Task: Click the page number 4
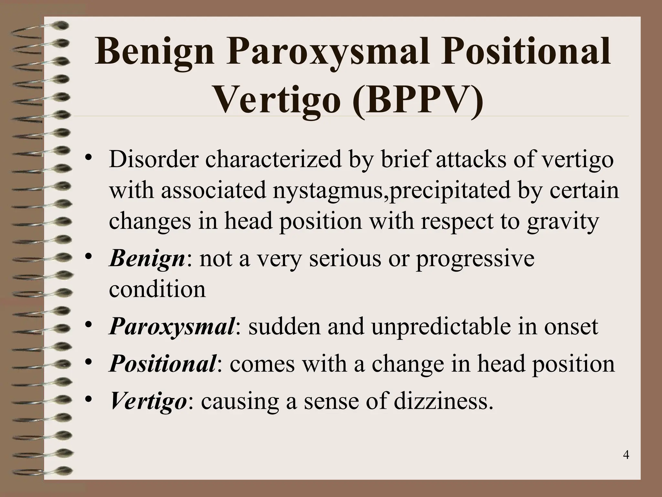click(626, 455)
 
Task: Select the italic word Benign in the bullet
click(147, 259)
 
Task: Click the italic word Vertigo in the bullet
click(148, 401)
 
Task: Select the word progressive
click(475, 259)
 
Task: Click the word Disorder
click(153, 160)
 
